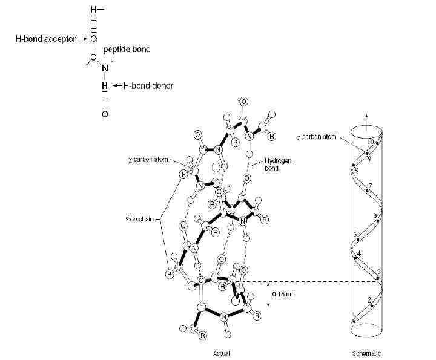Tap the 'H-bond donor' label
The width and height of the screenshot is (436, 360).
point(148,86)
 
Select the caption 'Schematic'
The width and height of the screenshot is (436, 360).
point(366,352)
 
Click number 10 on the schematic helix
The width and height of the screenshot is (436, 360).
point(371,141)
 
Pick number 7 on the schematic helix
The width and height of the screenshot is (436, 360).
point(370,184)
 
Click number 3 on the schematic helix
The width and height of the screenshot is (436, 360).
point(379,270)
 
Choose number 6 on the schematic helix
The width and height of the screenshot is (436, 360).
point(375,215)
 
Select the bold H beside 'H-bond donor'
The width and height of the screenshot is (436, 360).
point(104,86)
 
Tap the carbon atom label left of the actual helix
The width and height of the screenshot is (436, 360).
point(148,161)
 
